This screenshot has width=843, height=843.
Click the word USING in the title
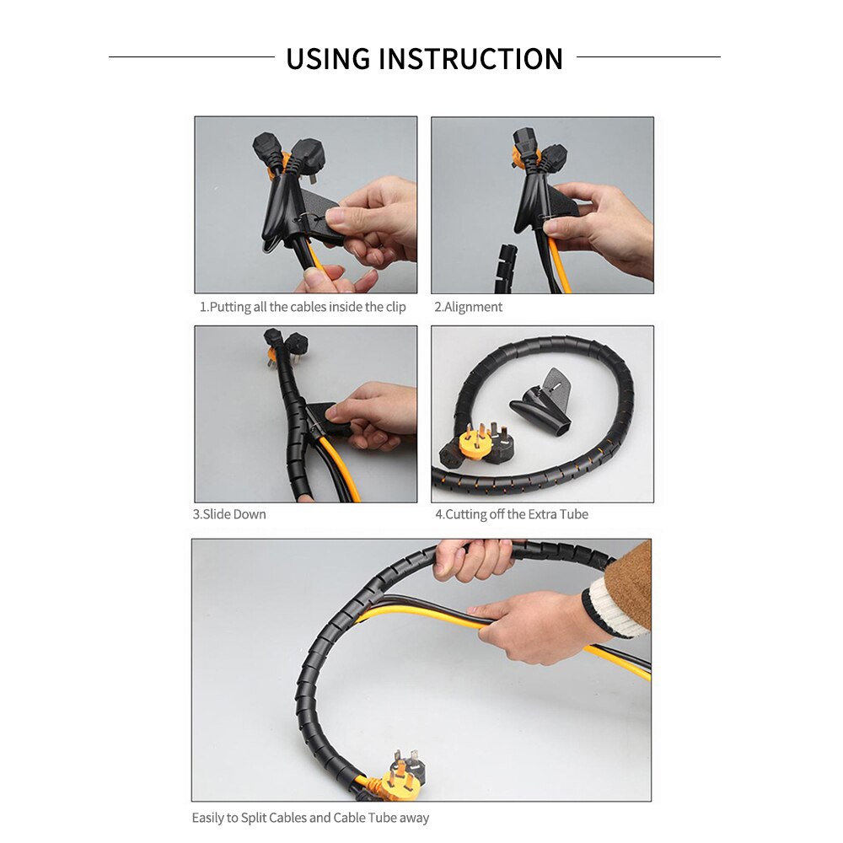pyautogui.click(x=328, y=59)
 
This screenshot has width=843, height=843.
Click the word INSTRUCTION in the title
pyautogui.click(x=470, y=59)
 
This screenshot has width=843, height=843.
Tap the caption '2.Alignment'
pyautogui.click(x=468, y=307)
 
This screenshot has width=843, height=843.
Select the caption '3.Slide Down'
pyautogui.click(x=229, y=514)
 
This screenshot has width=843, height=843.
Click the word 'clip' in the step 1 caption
pyautogui.click(x=393, y=307)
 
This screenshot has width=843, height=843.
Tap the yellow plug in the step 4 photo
pyautogui.click(x=475, y=442)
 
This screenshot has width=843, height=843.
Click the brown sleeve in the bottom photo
pyautogui.click(x=629, y=582)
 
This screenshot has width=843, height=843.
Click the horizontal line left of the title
pyautogui.click(x=191, y=57)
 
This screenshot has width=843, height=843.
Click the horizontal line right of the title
pyautogui.click(x=648, y=57)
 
